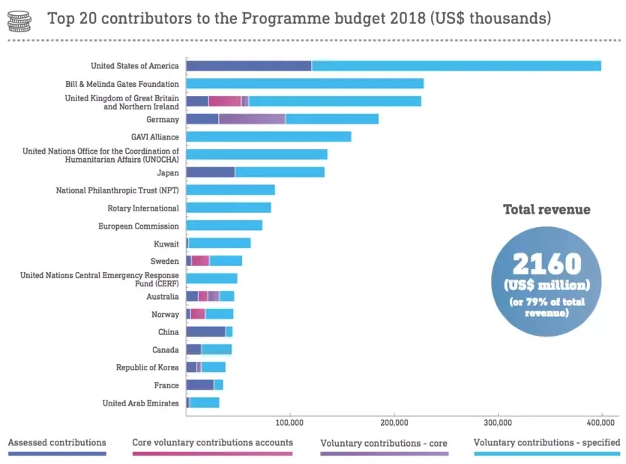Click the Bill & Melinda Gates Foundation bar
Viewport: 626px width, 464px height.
pos(304,84)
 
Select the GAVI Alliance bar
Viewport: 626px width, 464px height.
pos(268,136)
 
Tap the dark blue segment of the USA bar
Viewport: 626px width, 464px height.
pos(248,66)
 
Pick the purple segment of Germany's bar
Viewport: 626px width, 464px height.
pos(252,119)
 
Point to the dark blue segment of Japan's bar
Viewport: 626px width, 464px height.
pos(210,172)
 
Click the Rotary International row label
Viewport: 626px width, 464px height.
pos(143,208)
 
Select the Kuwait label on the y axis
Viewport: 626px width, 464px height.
pos(166,244)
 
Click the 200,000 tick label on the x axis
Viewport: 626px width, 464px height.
pos(394,421)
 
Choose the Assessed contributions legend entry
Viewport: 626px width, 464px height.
pos(57,443)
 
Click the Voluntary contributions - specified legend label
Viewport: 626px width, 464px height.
pos(547,443)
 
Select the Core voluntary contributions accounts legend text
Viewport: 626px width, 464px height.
pos(212,443)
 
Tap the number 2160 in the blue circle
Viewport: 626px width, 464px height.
pos(547,264)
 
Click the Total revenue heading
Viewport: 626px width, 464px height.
pos(547,210)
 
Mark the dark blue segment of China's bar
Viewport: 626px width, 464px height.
pos(205,332)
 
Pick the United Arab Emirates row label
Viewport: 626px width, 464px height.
pos(141,403)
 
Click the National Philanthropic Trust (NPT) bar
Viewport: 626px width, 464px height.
pos(230,190)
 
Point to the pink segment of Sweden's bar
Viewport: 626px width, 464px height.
pos(200,261)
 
